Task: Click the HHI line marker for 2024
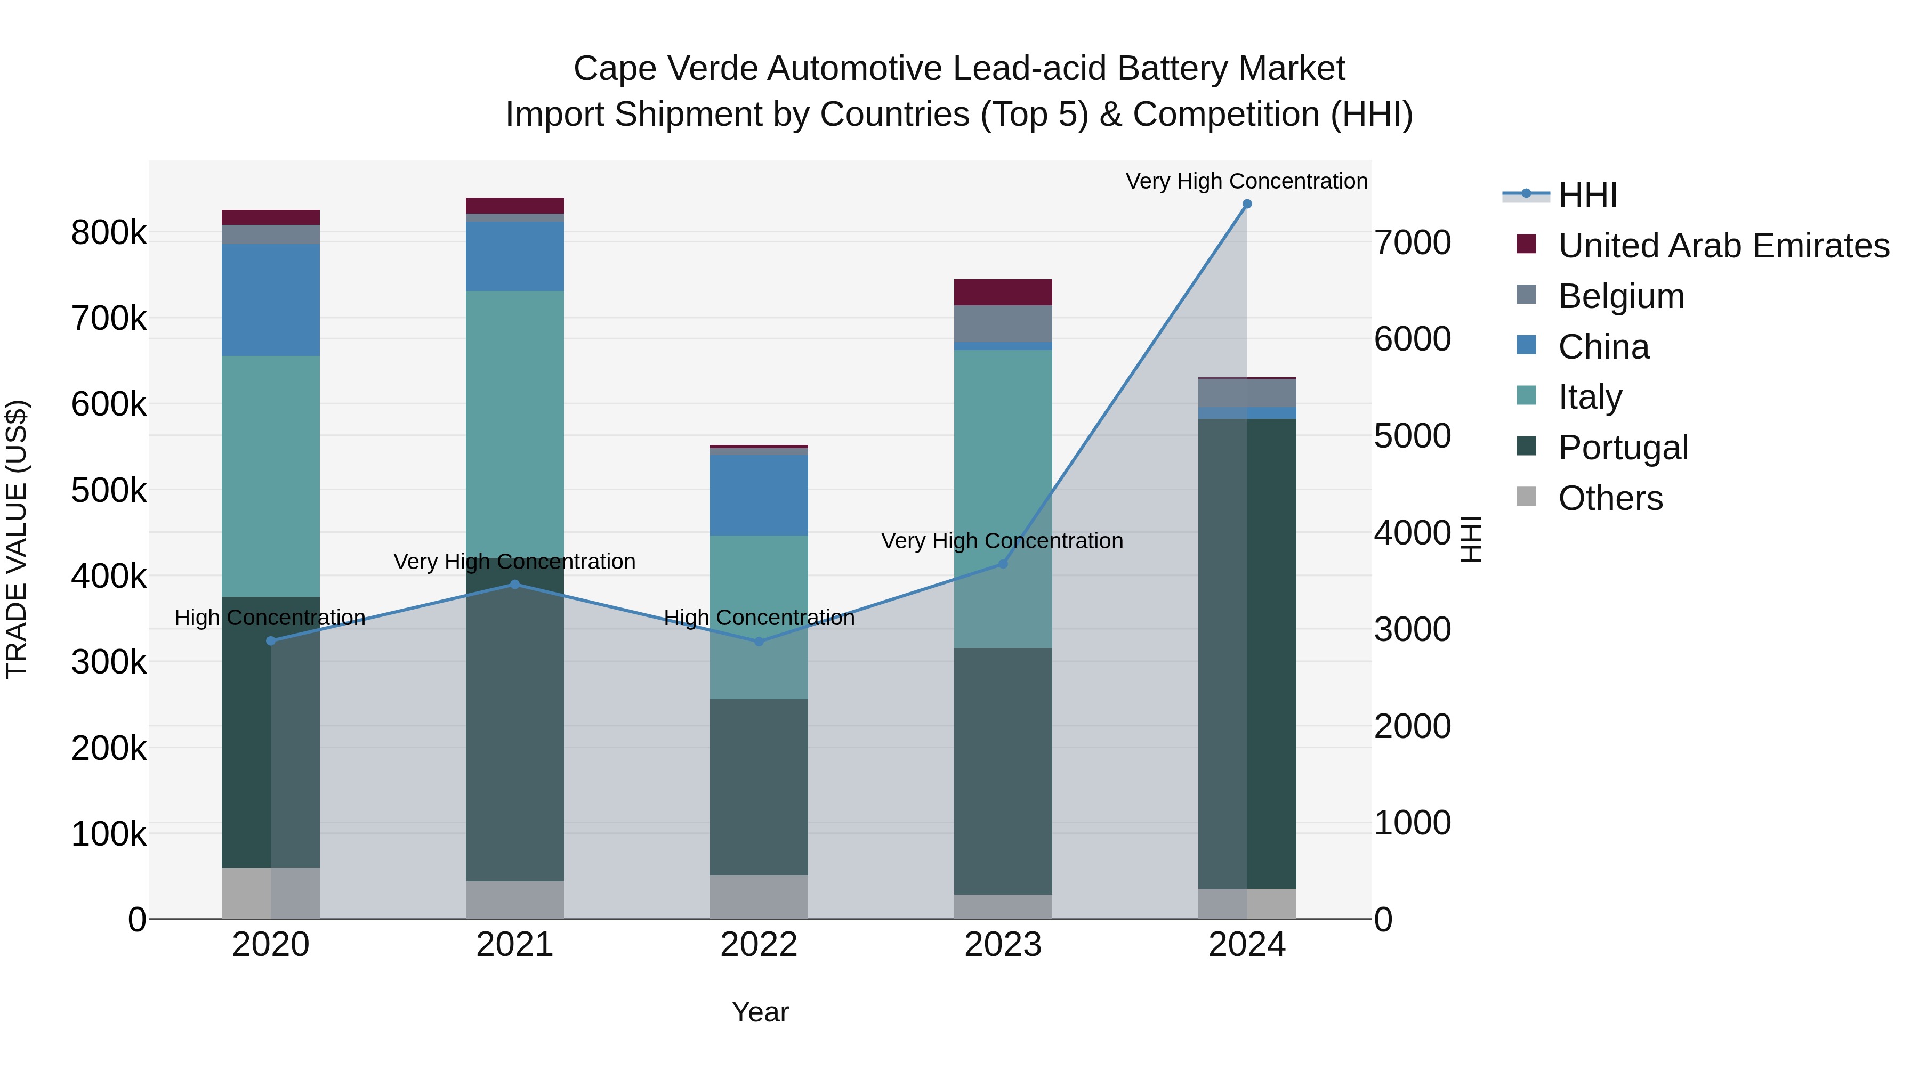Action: pos(1247,204)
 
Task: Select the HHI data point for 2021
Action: pos(515,585)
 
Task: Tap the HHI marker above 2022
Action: pos(759,641)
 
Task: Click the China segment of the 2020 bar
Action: pos(270,299)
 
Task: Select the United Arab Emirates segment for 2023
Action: pos(1003,292)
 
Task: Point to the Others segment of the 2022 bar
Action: pos(759,897)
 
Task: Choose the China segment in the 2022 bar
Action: pos(759,495)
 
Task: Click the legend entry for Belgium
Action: pos(1621,296)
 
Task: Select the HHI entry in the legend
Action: pos(1587,195)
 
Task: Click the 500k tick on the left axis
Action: pos(109,491)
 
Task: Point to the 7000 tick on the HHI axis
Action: pos(1412,243)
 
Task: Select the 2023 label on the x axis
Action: pos(1003,945)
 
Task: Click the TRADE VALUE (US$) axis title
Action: pos(17,539)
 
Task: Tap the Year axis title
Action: pos(760,1012)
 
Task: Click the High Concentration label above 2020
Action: pos(270,618)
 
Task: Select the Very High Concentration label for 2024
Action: pos(1246,181)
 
